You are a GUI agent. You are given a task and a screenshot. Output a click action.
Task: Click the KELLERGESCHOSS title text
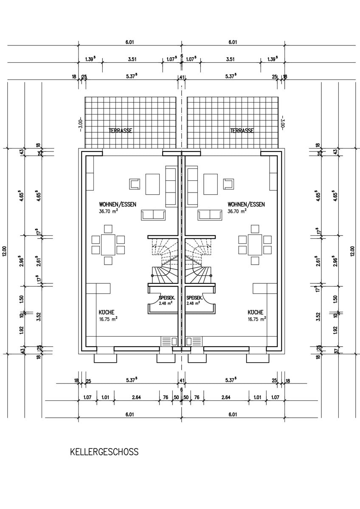click(x=104, y=452)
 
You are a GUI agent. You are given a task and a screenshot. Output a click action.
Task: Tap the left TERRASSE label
click(x=121, y=131)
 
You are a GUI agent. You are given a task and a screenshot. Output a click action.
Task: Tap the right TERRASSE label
click(x=242, y=131)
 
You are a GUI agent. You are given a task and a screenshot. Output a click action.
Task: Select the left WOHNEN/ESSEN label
click(x=118, y=204)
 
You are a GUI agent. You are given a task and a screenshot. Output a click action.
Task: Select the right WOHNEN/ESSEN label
click(x=246, y=204)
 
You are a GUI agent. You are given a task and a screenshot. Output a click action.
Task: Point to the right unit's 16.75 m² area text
click(x=257, y=319)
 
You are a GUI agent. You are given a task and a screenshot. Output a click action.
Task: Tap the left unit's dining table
click(x=108, y=245)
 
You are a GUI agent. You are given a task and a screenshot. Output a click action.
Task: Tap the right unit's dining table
click(x=255, y=245)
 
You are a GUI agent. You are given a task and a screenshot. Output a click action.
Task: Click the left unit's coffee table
click(x=152, y=184)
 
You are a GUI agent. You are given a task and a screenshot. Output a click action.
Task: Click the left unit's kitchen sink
click(x=169, y=341)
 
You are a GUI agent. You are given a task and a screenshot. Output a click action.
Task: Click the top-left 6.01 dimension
click(x=130, y=42)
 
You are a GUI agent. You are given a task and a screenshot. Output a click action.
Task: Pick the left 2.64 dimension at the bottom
click(x=137, y=397)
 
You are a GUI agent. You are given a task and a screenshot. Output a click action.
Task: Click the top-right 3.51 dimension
click(x=230, y=59)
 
